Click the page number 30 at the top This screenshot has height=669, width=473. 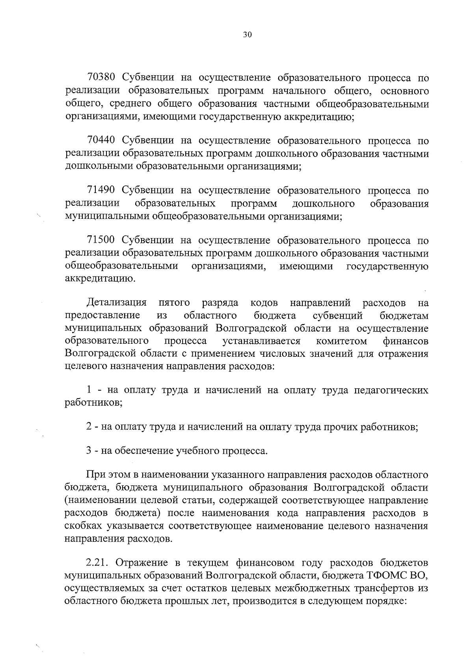coord(247,35)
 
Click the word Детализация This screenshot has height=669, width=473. coord(117,303)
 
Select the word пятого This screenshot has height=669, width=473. coord(174,303)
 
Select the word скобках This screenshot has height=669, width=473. coord(86,526)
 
